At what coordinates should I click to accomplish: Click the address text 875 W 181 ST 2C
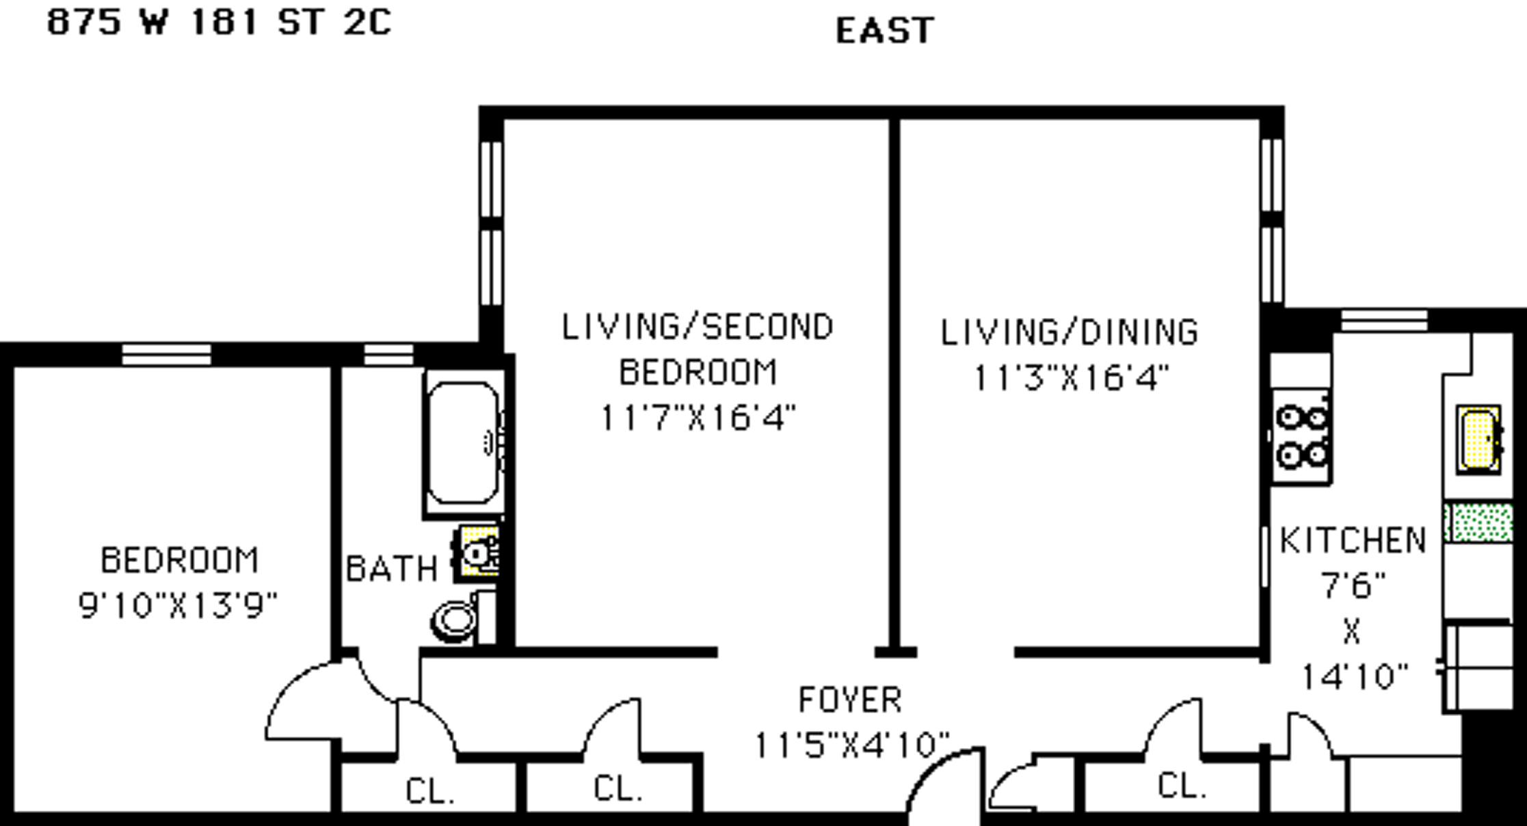(x=219, y=22)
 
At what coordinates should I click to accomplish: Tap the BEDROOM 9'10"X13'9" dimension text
(x=178, y=606)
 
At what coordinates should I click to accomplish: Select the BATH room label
(x=392, y=568)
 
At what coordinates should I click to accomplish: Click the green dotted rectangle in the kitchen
(x=1478, y=523)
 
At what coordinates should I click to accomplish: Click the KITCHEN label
(x=1353, y=540)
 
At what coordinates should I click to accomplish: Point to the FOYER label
(x=851, y=700)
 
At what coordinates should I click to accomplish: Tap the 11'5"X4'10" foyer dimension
(x=852, y=745)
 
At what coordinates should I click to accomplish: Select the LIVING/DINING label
(x=1070, y=332)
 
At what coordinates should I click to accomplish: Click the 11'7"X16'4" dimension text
(x=698, y=418)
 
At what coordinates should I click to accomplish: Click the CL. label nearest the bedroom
(x=430, y=791)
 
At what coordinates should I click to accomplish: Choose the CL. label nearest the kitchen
(x=1182, y=786)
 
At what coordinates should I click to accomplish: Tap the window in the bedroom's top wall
(x=167, y=355)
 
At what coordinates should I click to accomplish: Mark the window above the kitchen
(x=1384, y=320)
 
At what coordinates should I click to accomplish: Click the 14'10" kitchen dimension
(x=1354, y=677)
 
